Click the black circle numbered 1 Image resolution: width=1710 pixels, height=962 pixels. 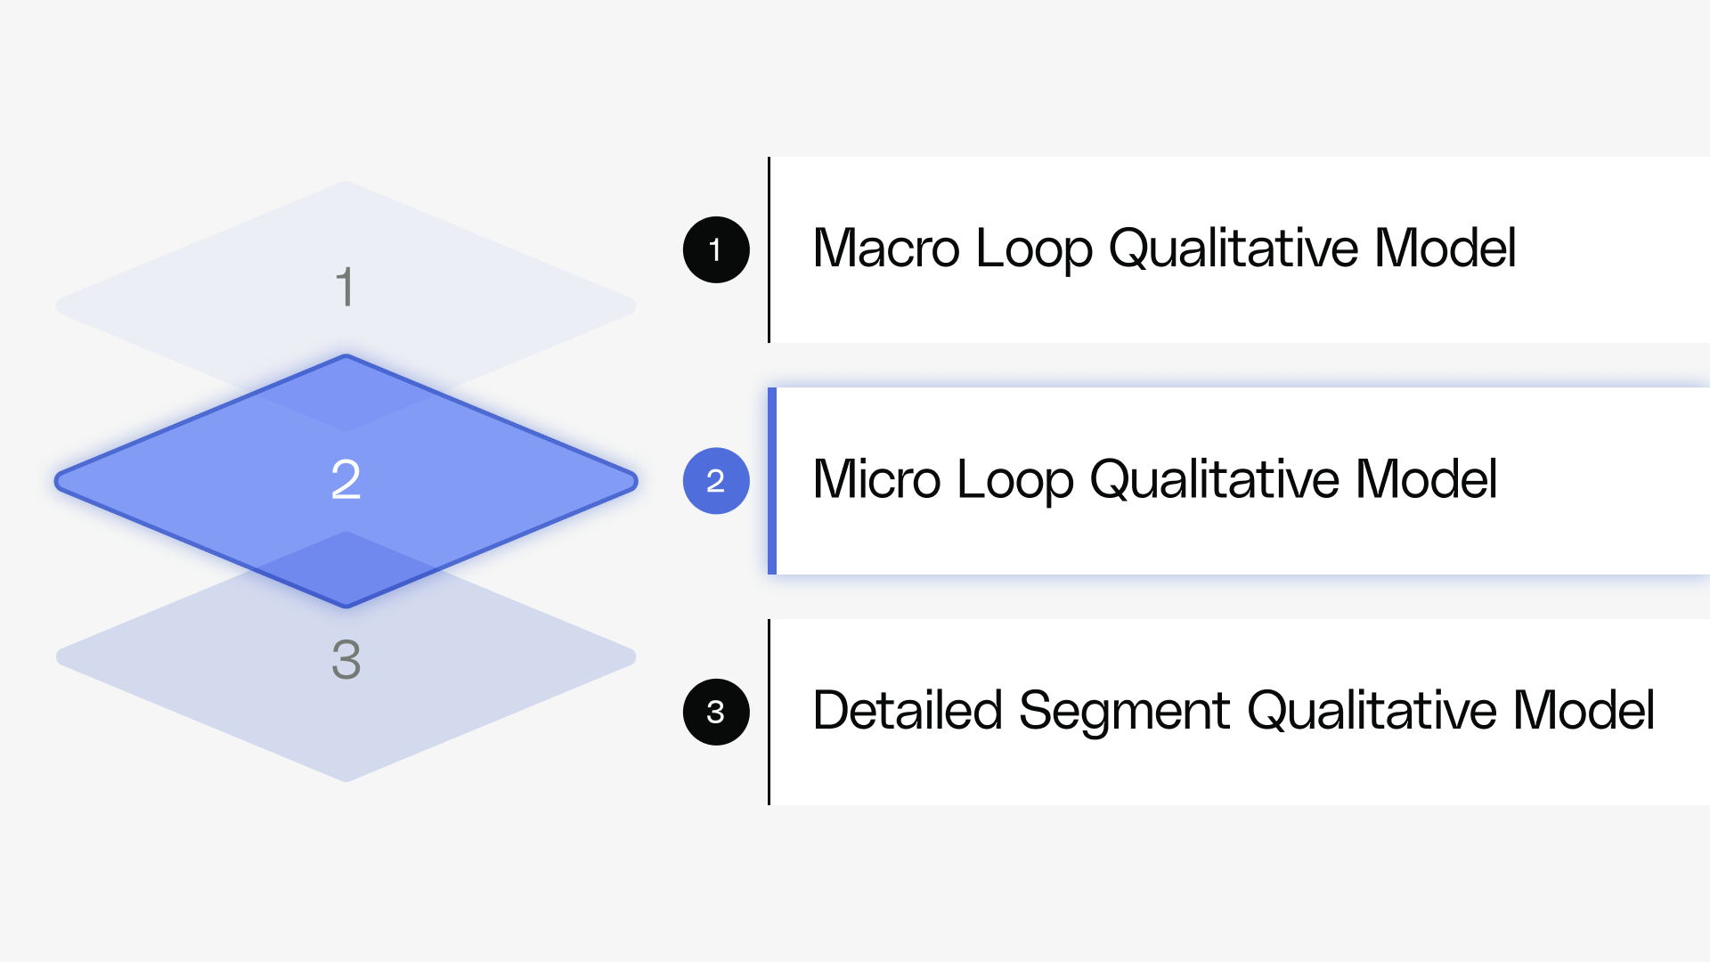(716, 249)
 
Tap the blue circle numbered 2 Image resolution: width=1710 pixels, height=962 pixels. (716, 481)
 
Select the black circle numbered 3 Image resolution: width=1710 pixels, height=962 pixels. (716, 712)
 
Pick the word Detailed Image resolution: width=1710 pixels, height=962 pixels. (908, 711)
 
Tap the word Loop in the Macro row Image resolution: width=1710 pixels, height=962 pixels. (1033, 249)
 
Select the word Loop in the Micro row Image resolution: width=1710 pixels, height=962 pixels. (1014, 481)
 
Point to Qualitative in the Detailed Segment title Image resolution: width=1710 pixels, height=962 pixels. (1372, 711)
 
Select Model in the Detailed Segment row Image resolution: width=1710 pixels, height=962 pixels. (1584, 711)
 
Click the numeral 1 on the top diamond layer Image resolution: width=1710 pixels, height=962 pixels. (346, 287)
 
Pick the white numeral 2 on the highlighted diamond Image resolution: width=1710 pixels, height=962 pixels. (346, 479)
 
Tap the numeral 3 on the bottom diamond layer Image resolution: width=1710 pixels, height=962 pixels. (346, 660)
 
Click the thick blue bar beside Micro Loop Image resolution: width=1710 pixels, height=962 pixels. (772, 481)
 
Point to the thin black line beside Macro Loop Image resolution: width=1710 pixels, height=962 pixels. (769, 249)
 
